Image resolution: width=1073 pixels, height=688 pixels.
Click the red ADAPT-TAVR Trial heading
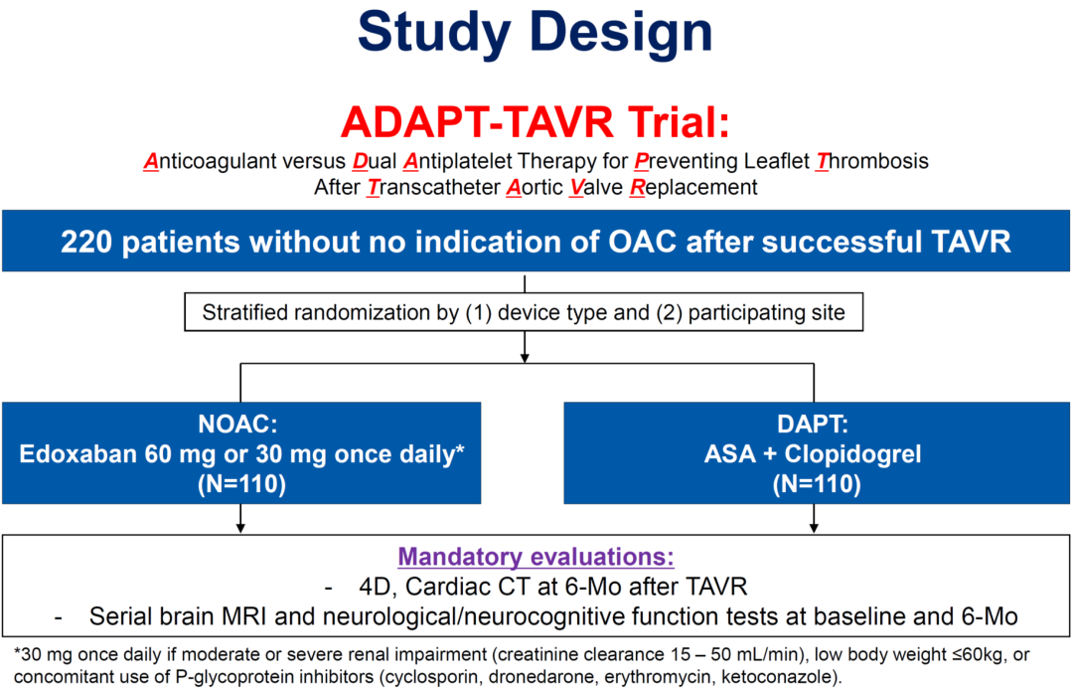536,122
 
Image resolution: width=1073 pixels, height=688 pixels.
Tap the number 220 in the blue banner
82,242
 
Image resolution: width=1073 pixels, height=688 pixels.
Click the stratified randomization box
524,312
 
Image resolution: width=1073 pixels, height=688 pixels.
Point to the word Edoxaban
77,454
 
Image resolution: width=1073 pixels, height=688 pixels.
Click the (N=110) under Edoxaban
241,484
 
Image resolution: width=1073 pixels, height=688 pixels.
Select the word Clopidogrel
852,454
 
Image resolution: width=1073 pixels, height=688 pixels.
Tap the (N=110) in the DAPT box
817,484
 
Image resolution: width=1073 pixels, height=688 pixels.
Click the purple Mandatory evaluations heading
536,557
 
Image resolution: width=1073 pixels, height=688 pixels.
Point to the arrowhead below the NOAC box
240,528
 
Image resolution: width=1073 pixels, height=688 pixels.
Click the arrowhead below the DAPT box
814,528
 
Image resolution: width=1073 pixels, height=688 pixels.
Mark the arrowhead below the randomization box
525,357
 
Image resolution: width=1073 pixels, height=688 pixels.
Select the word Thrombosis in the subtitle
872,161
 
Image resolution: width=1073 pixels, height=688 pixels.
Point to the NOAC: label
237,425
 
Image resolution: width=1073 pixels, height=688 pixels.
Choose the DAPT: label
813,425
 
